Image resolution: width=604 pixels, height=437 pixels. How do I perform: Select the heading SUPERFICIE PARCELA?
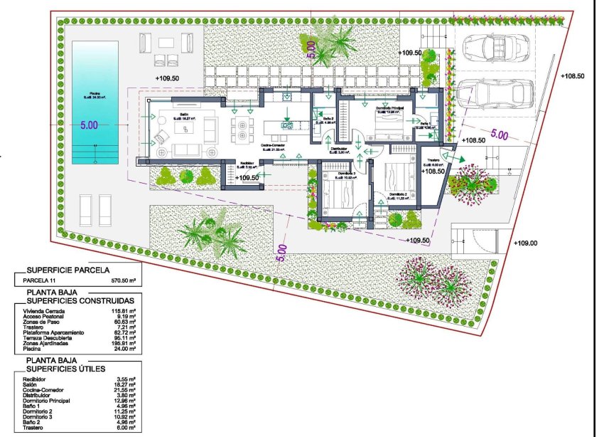click(68, 270)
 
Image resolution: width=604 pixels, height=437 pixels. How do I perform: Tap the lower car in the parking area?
click(495, 93)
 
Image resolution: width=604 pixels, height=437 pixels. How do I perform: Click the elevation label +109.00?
click(525, 243)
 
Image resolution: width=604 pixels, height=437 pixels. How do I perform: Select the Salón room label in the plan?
click(183, 114)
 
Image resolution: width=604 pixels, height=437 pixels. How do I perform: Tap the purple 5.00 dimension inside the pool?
click(89, 125)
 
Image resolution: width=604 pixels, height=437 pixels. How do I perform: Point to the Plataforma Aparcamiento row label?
click(54, 332)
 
